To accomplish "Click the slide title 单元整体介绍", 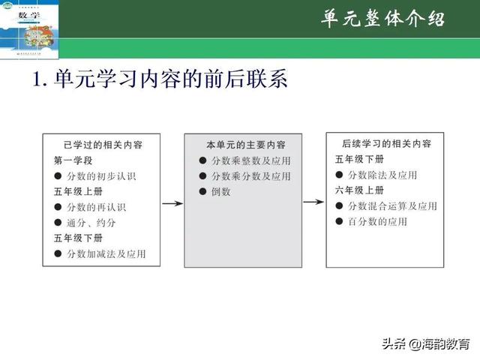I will point(382,19).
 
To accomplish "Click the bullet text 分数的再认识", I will point(96,207).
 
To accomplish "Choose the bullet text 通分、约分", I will point(91,223).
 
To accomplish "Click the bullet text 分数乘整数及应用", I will point(250,160).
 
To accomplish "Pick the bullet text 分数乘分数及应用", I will point(250,176).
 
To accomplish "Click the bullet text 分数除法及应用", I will point(388,175).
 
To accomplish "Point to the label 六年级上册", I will point(359,190).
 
